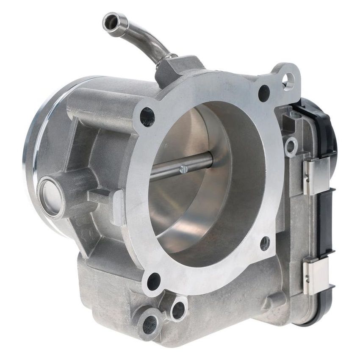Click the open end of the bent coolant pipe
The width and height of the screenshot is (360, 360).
click(x=111, y=22)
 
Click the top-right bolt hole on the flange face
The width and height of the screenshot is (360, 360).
click(x=264, y=92)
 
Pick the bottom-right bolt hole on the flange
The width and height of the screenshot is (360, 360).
click(x=265, y=243)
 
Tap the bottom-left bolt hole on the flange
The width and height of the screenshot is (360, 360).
click(x=153, y=281)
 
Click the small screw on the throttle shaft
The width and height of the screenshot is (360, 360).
click(x=183, y=169)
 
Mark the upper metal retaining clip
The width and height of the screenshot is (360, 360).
click(x=316, y=175)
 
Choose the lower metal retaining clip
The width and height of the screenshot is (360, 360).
click(x=316, y=275)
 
